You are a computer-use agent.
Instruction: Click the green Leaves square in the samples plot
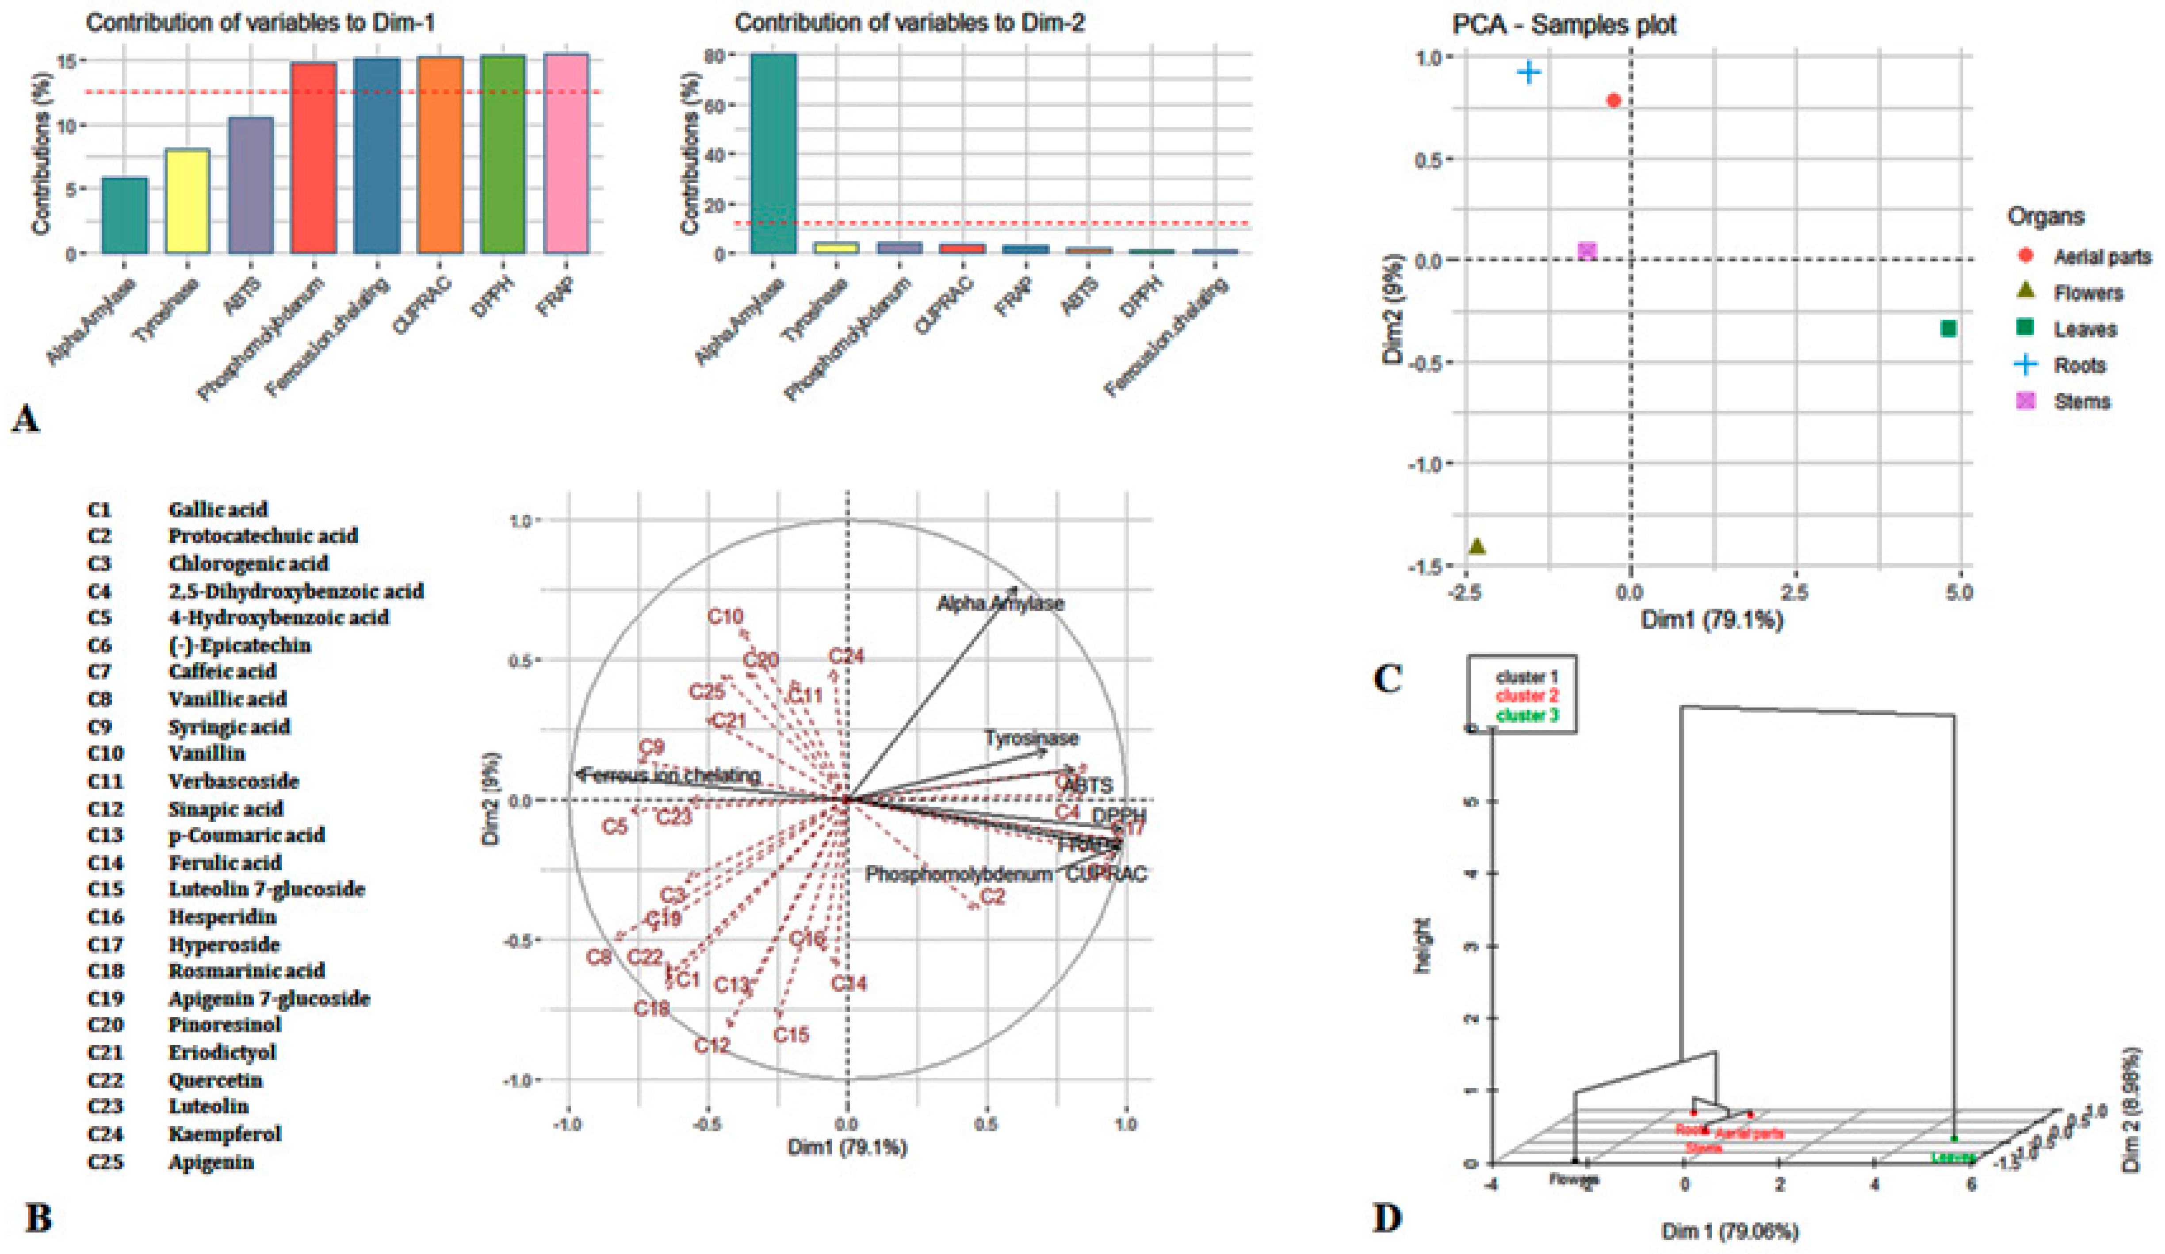1948,328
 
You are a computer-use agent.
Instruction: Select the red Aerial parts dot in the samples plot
1614,100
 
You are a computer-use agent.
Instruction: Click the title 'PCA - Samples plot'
1564,25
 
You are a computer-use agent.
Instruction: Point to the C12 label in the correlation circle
712,1045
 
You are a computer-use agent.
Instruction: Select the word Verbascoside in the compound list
233,781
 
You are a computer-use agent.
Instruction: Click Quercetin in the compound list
216,1080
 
